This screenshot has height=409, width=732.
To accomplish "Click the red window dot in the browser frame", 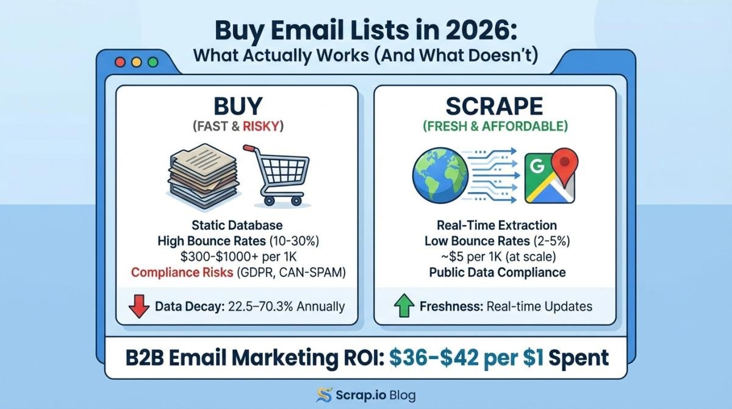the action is (120, 62).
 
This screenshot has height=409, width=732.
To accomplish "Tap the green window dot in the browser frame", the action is (153, 62).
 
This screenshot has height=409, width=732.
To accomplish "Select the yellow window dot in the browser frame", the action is (137, 62).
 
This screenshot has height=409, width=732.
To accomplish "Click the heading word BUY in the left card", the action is (238, 106).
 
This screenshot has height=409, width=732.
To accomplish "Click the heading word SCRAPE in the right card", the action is (495, 106).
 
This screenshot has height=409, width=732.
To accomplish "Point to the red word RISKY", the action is (261, 126).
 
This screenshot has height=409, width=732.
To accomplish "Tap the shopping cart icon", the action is (278, 176).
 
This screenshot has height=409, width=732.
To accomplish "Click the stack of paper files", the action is (203, 176).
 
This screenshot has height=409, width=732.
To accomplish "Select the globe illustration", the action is (440, 175).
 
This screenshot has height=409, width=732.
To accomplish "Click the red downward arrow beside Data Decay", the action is (139, 306).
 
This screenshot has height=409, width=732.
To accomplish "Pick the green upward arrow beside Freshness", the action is (404, 305).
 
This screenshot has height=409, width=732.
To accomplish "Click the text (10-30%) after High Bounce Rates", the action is (294, 241).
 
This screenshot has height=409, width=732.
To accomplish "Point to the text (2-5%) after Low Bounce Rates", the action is (551, 241).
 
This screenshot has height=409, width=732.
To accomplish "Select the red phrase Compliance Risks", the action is (182, 272).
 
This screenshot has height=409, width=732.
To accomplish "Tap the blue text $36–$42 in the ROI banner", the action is (434, 358).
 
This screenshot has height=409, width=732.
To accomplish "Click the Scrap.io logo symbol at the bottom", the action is (324, 395).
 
